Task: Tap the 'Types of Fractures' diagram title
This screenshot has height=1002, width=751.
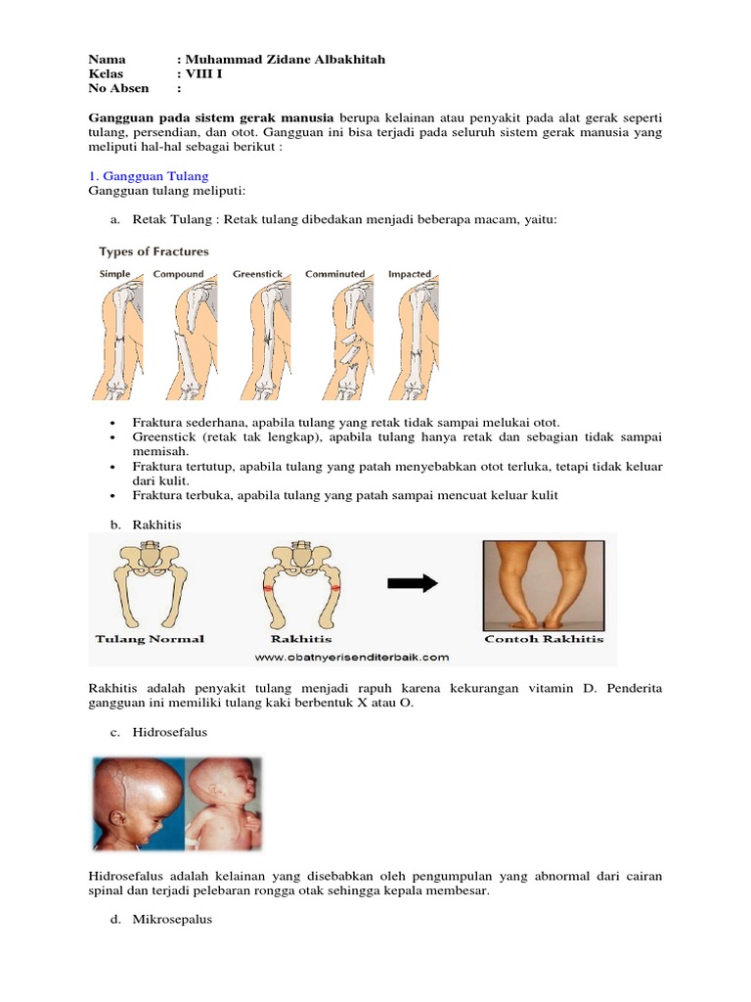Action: tap(153, 251)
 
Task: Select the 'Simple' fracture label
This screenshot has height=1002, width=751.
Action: tap(114, 274)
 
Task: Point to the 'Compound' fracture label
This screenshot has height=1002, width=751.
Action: tap(178, 274)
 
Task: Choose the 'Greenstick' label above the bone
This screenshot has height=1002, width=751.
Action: tap(256, 274)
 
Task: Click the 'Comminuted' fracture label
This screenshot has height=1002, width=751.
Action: tap(334, 274)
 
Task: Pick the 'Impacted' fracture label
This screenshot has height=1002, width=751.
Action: tap(410, 274)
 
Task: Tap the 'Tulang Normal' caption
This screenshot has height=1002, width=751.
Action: tap(150, 639)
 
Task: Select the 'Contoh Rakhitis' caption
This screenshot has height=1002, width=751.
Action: tap(544, 639)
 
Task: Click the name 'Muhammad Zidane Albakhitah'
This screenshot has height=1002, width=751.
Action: tap(281, 60)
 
